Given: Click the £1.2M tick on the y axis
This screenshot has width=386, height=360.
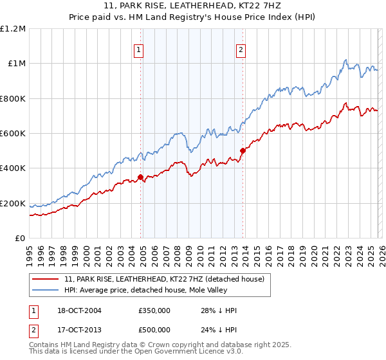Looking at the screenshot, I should pos(13,29).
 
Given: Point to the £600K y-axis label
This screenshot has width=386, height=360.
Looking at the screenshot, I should pos(12,134).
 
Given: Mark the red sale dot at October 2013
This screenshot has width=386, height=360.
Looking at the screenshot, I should pos(243,151).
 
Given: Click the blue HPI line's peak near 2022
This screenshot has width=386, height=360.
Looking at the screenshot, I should pos(345,61).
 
